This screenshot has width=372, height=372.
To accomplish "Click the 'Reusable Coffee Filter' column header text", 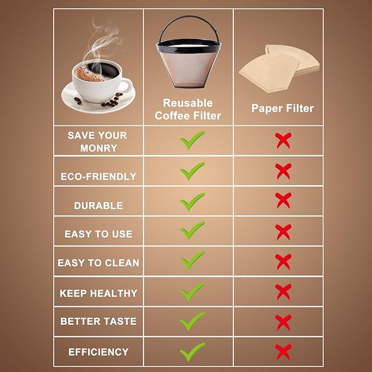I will pos(188,109).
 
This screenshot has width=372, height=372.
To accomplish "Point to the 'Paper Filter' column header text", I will pos(282,108).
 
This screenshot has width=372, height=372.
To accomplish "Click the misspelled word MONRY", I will pos(98,148).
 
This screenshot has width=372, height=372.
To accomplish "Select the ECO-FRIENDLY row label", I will pos(99,176).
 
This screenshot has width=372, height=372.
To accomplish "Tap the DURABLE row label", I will pos(99,205).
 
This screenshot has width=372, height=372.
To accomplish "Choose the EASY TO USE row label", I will pos(99,234).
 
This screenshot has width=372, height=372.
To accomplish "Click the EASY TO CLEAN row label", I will pos(99,263).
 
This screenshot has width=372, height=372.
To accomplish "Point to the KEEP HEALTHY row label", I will pos(99,293).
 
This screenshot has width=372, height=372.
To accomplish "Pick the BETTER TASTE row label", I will pos(99,322).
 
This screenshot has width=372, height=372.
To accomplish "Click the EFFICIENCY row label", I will pos(99,352).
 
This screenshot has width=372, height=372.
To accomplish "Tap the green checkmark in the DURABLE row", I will pos(192,202).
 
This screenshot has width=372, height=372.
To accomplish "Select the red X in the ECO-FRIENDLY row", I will pos(283,171).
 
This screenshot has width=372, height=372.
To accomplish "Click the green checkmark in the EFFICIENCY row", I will pos(192,351).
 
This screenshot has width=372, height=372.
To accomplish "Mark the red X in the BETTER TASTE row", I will pos(283,322).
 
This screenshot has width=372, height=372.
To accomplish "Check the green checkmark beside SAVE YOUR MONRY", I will pos(192,140).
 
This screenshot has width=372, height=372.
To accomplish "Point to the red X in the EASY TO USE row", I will pos(283,232).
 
